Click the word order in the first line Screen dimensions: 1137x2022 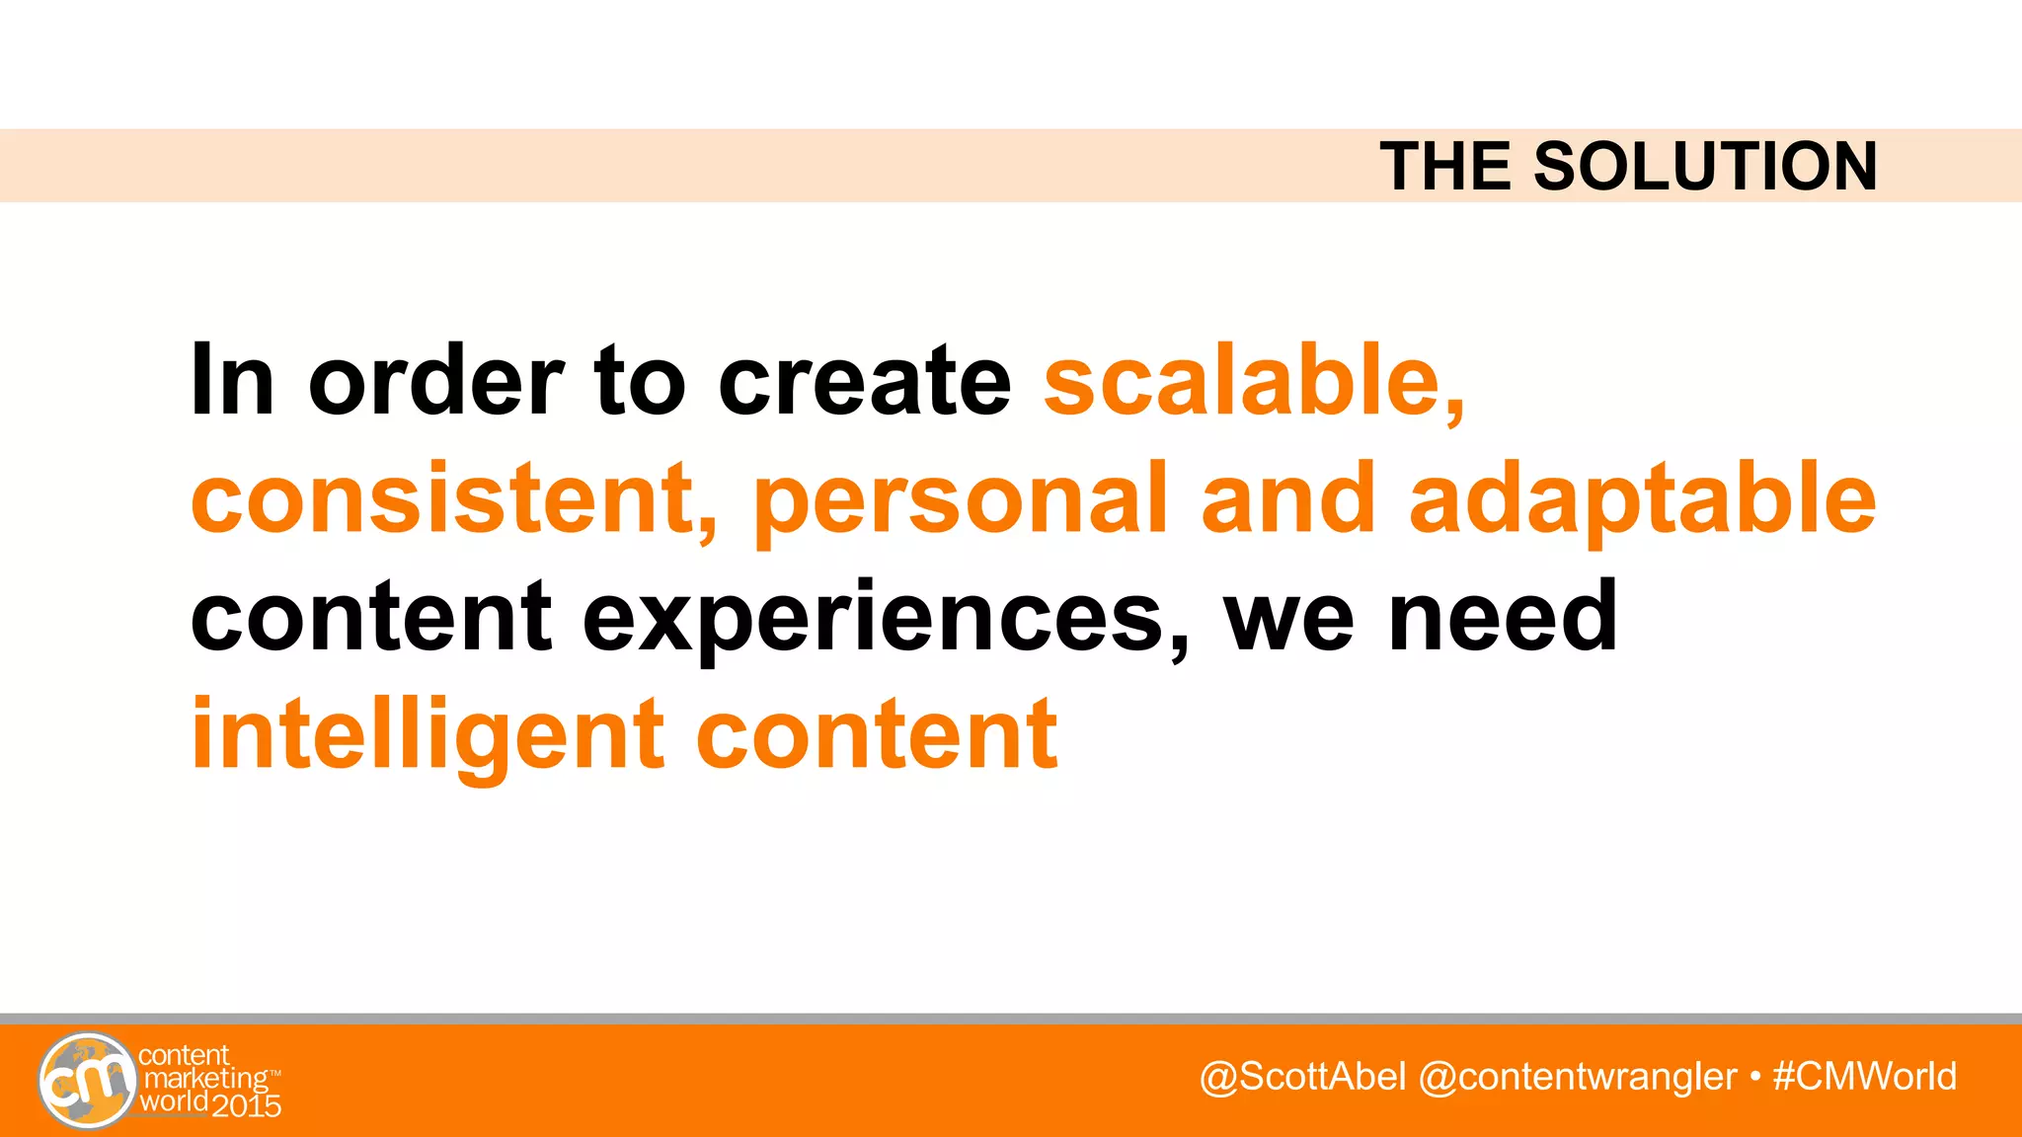click(x=435, y=381)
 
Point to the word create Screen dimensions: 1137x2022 click(x=864, y=381)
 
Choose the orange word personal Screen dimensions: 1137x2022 click(x=960, y=498)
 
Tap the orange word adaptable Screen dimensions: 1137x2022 click(x=1641, y=498)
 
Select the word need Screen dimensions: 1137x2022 click(x=1503, y=618)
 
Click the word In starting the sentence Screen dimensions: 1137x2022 click(x=232, y=381)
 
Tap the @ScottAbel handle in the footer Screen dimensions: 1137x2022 click(x=1301, y=1077)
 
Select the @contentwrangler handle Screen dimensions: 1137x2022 click(x=1577, y=1077)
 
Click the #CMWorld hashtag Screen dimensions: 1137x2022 click(x=1864, y=1077)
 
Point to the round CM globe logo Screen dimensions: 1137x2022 click(x=87, y=1081)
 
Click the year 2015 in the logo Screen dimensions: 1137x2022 click(x=247, y=1105)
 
